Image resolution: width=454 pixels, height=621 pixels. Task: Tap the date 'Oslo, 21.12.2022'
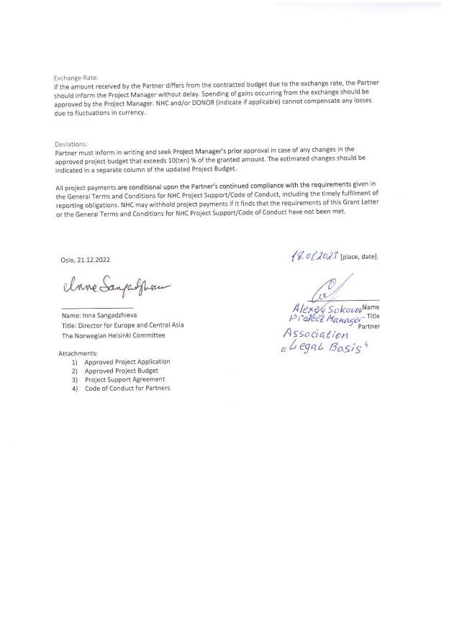click(x=86, y=260)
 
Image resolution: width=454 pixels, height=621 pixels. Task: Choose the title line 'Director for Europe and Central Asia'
click(x=122, y=325)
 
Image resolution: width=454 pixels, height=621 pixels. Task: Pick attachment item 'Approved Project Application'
click(x=127, y=362)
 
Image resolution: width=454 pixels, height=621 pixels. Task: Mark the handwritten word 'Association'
click(x=316, y=335)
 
